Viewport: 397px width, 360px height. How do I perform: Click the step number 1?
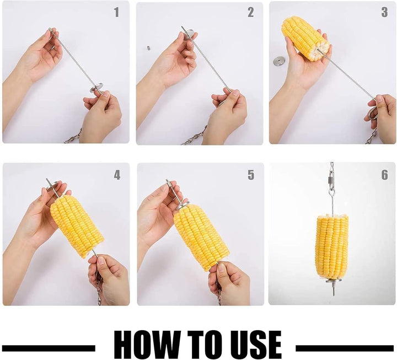116,12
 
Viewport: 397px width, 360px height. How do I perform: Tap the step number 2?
251,12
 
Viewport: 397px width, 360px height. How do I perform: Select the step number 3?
384,12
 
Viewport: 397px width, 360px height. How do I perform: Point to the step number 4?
117,175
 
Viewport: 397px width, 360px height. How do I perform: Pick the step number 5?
251,175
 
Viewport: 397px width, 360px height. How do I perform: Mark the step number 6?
384,175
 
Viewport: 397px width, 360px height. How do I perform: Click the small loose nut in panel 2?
149,47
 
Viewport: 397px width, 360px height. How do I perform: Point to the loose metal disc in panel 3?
278,61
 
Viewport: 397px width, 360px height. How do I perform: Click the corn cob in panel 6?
332,245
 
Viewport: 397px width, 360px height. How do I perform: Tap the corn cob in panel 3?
305,38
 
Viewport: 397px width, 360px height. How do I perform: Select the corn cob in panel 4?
77,226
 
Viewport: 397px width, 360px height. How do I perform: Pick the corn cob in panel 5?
201,237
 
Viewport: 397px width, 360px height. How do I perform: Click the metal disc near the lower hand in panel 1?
98,88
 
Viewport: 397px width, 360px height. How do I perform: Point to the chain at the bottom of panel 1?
73,137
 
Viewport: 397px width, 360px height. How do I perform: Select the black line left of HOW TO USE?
49,348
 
